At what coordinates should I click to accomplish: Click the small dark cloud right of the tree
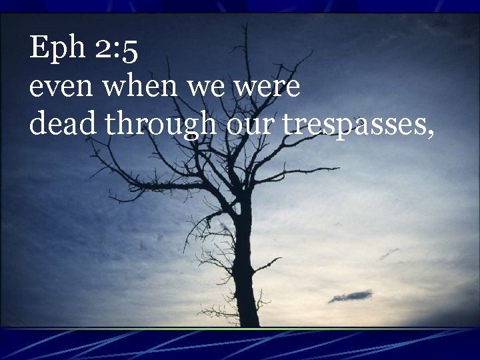coord(351,296)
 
